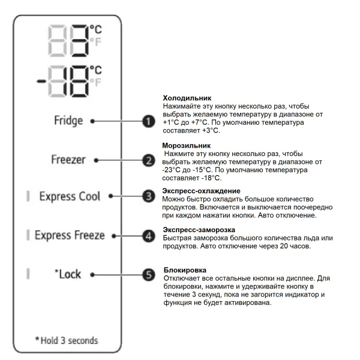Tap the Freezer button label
click(x=67, y=160)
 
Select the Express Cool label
click(x=70, y=196)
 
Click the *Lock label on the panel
click(x=68, y=274)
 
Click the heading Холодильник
click(x=186, y=98)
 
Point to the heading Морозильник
click(x=187, y=146)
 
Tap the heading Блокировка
click(x=184, y=271)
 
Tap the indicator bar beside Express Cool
click(x=28, y=196)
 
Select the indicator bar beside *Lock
click(x=28, y=274)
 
